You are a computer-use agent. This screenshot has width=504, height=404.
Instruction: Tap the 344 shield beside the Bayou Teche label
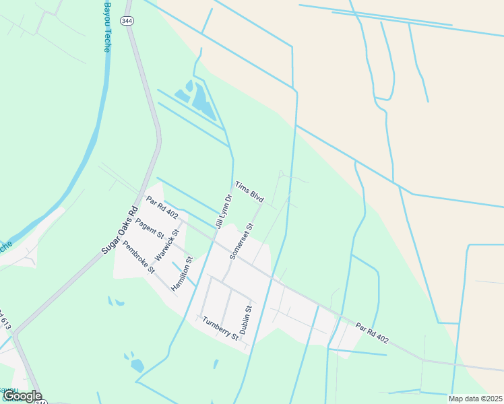pyautogui.click(x=126, y=22)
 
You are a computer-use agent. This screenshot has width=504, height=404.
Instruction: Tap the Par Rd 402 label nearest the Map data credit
pyautogui.click(x=373, y=331)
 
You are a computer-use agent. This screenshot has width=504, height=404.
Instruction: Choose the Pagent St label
pyautogui.click(x=150, y=229)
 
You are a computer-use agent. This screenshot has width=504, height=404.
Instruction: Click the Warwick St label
pyautogui.click(x=167, y=246)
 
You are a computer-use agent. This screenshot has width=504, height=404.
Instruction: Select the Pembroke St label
pyautogui.click(x=138, y=257)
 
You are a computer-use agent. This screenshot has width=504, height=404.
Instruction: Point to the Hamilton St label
pyautogui.click(x=182, y=273)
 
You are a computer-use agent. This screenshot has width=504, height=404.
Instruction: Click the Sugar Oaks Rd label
pyautogui.click(x=119, y=229)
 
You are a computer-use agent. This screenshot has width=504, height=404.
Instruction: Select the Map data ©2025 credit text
pyautogui.click(x=474, y=399)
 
